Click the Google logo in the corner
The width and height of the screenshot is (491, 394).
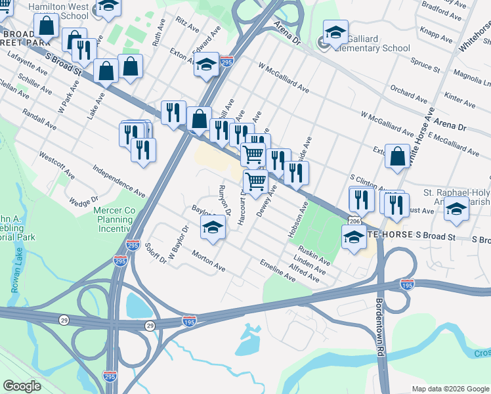[22, 386]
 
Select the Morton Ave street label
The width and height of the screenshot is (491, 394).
[209, 261]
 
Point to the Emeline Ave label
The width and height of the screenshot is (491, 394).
[278, 272]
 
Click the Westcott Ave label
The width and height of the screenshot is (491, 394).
[56, 166]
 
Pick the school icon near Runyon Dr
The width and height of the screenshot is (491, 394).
[213, 227]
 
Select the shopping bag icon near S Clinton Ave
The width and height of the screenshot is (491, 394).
[397, 156]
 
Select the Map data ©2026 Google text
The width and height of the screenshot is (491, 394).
[450, 388]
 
